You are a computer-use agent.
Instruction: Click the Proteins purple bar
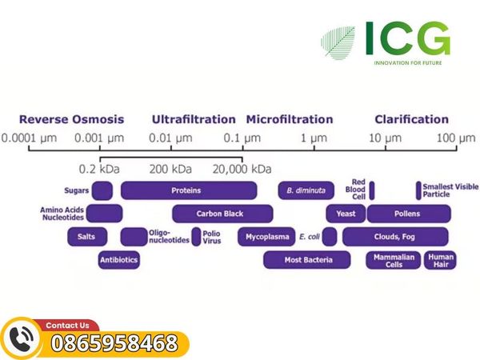(189, 190)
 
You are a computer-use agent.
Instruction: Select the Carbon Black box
(222, 214)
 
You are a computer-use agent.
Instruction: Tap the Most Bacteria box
(307, 260)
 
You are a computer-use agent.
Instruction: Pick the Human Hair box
(440, 260)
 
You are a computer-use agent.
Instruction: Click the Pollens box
(409, 214)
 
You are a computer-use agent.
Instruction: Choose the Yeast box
(346, 214)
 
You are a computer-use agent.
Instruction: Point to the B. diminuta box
(306, 190)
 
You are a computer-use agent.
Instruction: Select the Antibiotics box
(119, 260)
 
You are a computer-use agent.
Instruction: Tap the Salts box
(87, 237)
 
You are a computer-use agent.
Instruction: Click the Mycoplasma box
(266, 237)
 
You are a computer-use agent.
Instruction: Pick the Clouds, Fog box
(395, 237)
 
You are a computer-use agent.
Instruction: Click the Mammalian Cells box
(394, 260)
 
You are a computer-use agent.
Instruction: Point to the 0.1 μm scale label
(242, 138)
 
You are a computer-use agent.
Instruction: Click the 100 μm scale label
(456, 138)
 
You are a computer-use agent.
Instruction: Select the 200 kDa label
(170, 169)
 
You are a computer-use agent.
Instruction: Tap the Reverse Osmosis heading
(72, 119)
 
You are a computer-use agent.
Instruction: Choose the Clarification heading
(412, 119)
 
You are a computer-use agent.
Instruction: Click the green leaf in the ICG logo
(338, 43)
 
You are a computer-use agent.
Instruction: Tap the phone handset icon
(21, 339)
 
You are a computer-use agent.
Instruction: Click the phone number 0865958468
(114, 343)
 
